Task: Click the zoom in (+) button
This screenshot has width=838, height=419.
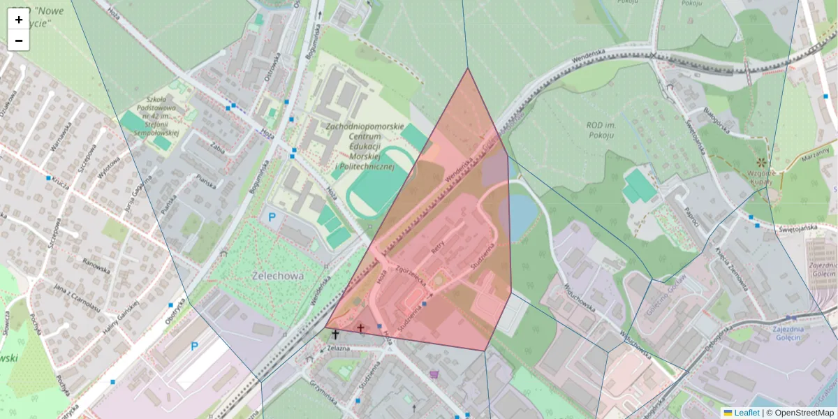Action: point(19,20)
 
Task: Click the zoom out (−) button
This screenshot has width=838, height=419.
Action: point(19,41)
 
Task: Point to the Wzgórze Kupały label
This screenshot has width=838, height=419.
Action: point(760,177)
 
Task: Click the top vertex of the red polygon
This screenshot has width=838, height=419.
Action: point(468,68)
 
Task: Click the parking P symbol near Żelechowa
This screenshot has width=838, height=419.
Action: point(272,217)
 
